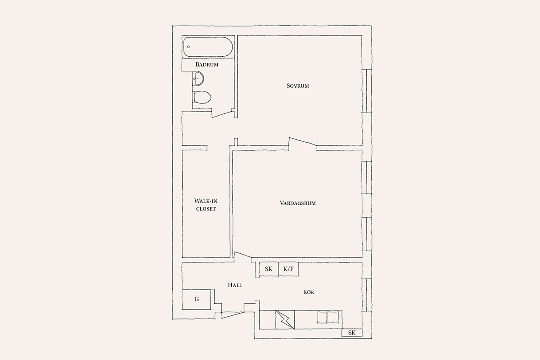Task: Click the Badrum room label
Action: [x=207, y=64]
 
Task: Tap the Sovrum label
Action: [x=298, y=85]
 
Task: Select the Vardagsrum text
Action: [x=298, y=203]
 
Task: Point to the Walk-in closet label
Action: [x=206, y=205]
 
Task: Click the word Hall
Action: [x=235, y=285]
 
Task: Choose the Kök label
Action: [x=309, y=292]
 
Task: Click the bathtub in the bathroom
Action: [x=208, y=47]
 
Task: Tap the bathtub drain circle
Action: [x=189, y=47]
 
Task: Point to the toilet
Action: [x=202, y=97]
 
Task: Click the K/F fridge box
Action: [x=288, y=269]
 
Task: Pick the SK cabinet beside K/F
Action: [x=269, y=269]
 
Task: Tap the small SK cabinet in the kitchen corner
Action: [x=352, y=333]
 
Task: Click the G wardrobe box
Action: [x=197, y=300]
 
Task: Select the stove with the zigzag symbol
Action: [x=285, y=320]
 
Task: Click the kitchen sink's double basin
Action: [x=328, y=317]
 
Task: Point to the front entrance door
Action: [x=233, y=315]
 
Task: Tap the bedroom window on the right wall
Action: [x=367, y=91]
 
